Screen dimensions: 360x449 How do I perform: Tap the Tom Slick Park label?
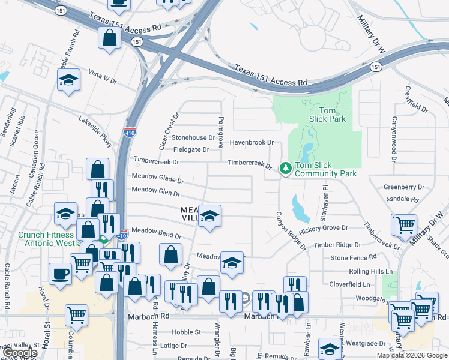[x=327, y=115]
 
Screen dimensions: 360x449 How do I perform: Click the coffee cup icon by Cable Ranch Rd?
[x=60, y=273]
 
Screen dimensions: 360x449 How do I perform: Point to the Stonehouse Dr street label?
[x=193, y=137]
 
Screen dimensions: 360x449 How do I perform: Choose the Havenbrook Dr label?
[x=252, y=143]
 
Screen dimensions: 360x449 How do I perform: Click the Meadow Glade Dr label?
[x=157, y=178]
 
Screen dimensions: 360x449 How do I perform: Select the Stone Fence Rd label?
[x=354, y=257]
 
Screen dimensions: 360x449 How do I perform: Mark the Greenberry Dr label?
[x=404, y=187]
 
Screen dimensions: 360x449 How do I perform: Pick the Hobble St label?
[x=186, y=332]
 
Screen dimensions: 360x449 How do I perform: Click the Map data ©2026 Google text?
[x=412, y=355]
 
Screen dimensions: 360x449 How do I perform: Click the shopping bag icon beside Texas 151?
[x=110, y=38]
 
